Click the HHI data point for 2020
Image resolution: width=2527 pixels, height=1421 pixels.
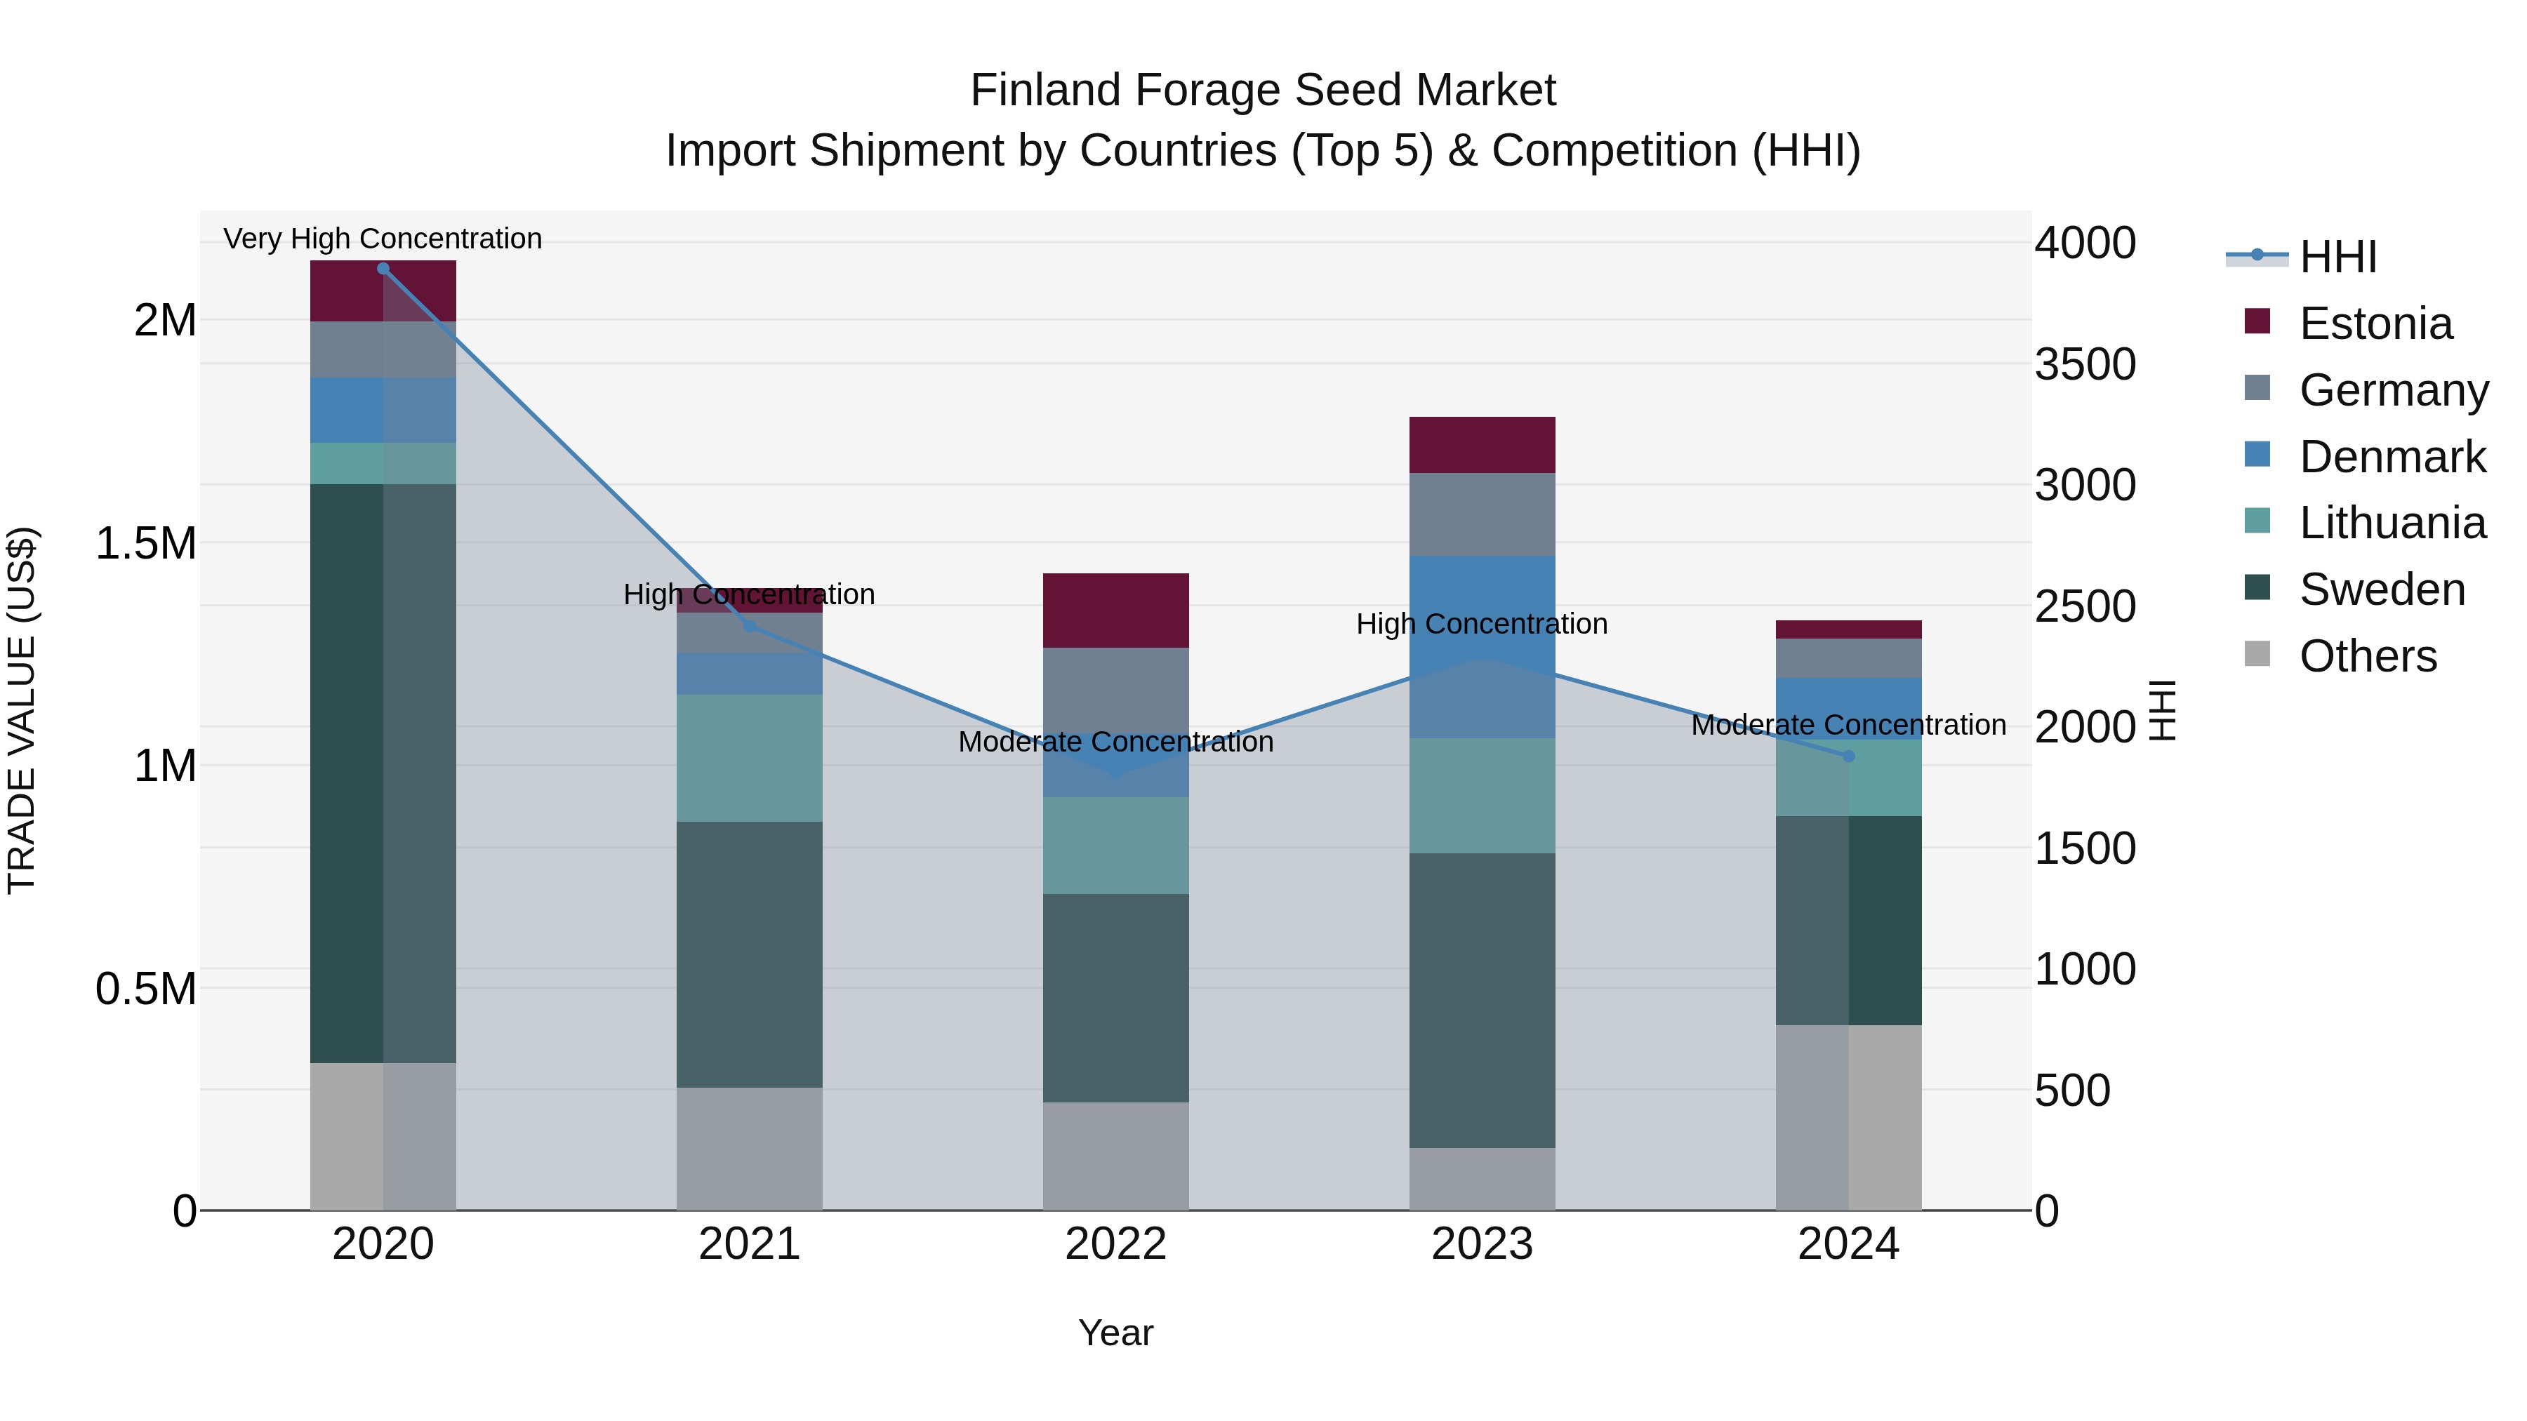click(x=383, y=269)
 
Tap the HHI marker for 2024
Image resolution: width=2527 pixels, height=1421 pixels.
click(x=1848, y=756)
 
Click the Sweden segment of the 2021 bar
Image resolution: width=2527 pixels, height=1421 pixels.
click(x=750, y=954)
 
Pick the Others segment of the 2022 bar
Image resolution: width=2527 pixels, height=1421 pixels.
click(x=1115, y=1156)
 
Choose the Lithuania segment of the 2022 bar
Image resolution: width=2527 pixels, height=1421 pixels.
click(x=1115, y=846)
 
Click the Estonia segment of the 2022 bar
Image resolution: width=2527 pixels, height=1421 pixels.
click(x=1115, y=610)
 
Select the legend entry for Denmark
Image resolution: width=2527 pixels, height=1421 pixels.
click(x=2392, y=457)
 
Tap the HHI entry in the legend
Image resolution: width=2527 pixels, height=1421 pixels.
click(x=2337, y=257)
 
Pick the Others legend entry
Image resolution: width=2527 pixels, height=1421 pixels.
click(x=2367, y=656)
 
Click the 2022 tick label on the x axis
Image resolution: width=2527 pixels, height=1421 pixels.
click(x=1115, y=1244)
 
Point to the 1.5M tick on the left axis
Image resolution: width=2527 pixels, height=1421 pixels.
click(x=146, y=543)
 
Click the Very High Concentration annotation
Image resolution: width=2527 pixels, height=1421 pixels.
click(x=383, y=239)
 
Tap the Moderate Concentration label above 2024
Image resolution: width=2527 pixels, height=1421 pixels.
click(x=1848, y=725)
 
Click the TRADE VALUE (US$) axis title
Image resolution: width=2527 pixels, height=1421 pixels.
click(x=22, y=710)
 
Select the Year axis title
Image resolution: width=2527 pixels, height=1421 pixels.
click(x=1115, y=1333)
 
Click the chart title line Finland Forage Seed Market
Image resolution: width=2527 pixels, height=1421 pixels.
click(x=1263, y=91)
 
